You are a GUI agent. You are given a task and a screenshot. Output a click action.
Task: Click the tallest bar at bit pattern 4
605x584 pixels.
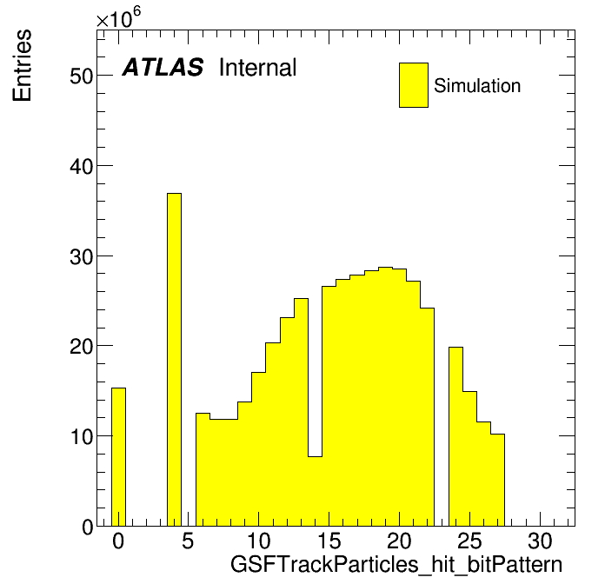[174, 360]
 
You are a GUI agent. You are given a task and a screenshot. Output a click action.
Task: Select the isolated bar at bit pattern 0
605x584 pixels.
[118, 457]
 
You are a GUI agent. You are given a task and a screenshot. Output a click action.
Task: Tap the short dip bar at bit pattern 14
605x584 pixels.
[315, 491]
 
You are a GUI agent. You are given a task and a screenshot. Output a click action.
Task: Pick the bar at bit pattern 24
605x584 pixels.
[455, 436]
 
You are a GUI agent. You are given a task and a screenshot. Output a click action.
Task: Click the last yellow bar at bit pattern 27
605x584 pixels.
[498, 481]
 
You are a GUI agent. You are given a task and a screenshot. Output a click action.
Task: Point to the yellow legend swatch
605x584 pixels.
[414, 85]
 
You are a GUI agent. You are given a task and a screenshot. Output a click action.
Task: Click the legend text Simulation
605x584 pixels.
[477, 86]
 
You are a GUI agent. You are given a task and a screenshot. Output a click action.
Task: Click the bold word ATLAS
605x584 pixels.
[163, 67]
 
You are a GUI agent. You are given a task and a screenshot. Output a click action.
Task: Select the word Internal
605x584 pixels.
[258, 68]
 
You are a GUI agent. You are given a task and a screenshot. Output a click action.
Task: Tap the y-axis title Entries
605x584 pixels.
[22, 65]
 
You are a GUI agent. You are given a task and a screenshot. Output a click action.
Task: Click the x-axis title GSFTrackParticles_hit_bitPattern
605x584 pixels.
[396, 565]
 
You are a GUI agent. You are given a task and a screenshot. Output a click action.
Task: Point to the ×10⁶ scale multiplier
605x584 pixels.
[118, 17]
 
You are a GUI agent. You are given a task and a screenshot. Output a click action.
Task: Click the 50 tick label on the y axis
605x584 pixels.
[82, 76]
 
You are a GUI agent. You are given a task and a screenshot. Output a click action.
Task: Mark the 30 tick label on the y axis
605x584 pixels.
[82, 256]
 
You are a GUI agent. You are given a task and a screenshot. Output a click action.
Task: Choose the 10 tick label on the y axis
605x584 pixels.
[82, 436]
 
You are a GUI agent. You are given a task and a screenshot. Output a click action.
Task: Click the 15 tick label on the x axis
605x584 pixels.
[329, 541]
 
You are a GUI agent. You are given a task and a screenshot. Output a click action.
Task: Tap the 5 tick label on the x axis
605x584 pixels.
[188, 541]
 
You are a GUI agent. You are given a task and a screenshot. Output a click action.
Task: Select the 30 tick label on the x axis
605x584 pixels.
[540, 541]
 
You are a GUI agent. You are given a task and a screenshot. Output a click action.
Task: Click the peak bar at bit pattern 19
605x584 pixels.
[385, 396]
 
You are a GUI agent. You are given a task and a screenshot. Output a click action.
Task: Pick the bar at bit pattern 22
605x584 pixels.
[428, 417]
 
